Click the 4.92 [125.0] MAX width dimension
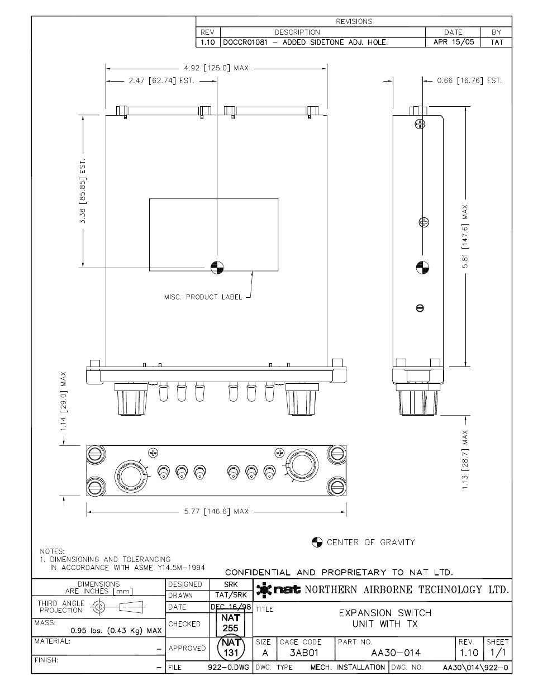[216, 68]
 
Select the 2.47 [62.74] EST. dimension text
[161, 80]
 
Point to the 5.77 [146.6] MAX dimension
[216, 511]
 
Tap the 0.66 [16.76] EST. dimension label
[469, 80]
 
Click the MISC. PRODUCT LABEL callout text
[203, 297]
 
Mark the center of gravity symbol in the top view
[217, 268]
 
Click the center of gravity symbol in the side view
[422, 268]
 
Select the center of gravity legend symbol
[317, 542]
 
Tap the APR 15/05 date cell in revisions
[454, 42]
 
